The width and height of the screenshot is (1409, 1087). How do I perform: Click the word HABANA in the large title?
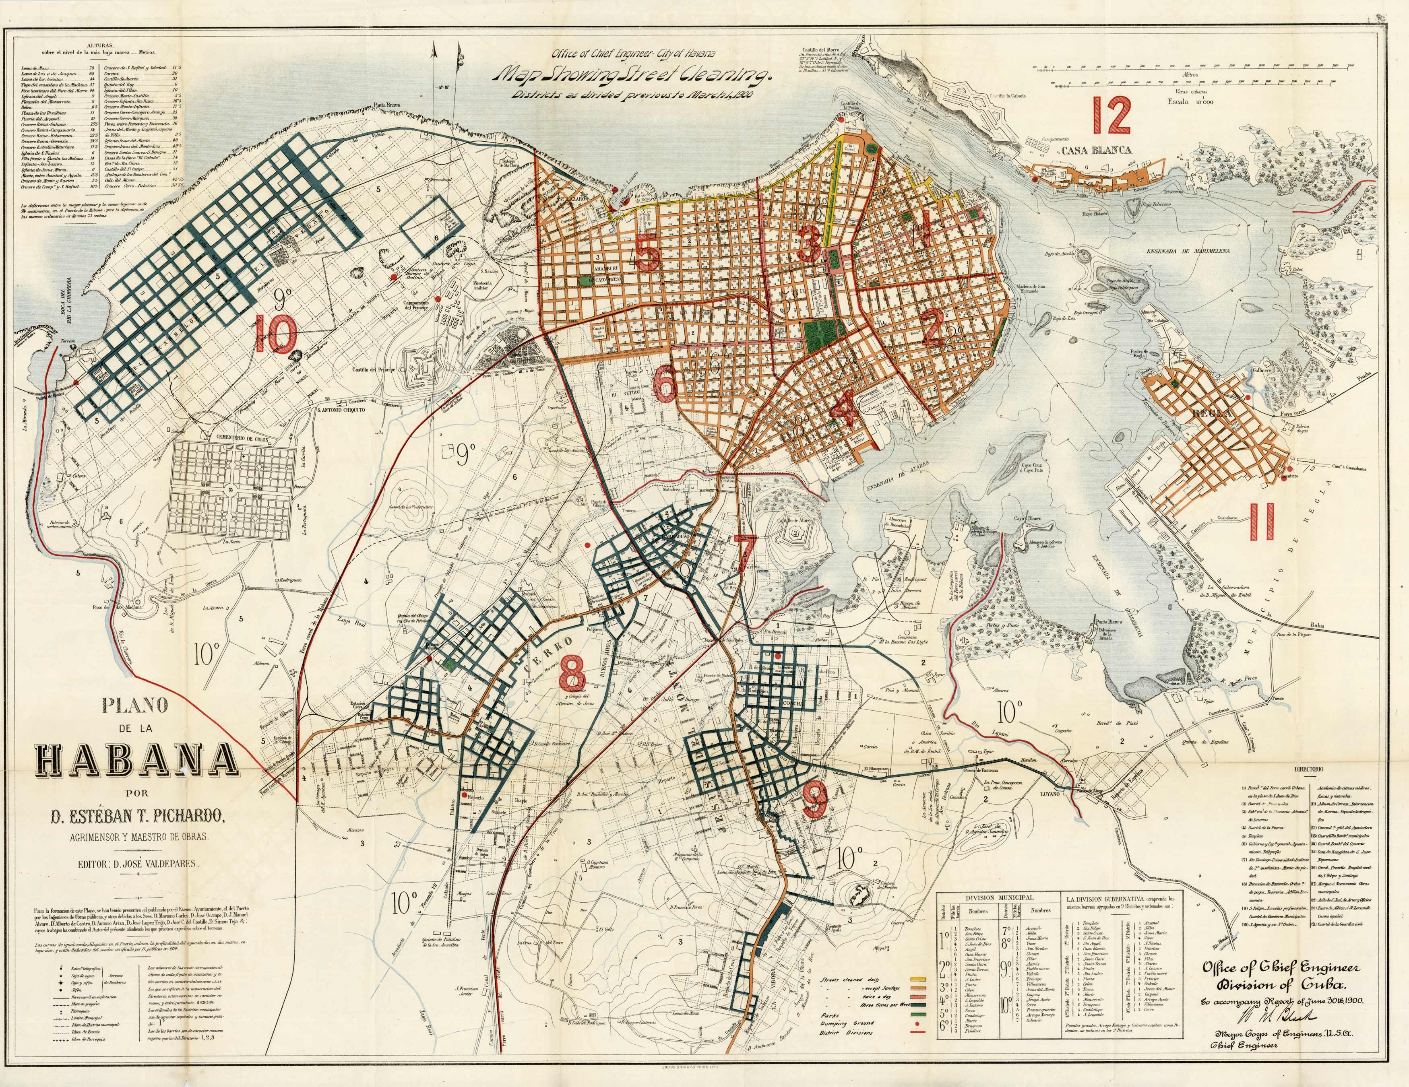tap(137, 761)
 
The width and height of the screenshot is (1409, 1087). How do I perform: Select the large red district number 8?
tap(572, 672)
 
